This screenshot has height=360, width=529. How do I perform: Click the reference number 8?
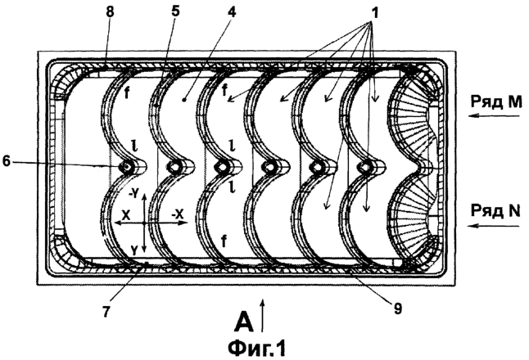coord(110,11)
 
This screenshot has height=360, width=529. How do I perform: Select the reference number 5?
coord(175,11)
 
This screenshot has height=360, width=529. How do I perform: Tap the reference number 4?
coord(232,11)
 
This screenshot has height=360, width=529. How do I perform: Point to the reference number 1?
coord(373,13)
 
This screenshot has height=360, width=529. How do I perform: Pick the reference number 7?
coord(106,312)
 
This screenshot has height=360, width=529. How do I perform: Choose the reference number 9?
coord(398,308)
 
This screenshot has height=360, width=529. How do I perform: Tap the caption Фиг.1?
coord(257,349)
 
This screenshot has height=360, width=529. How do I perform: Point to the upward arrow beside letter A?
coord(264,316)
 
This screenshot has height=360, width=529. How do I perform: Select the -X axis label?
coord(178,214)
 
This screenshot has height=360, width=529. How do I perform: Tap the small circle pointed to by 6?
coord(126,166)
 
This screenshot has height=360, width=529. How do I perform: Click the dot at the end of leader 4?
coord(184,100)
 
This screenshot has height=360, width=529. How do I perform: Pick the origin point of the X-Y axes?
coord(144,223)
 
